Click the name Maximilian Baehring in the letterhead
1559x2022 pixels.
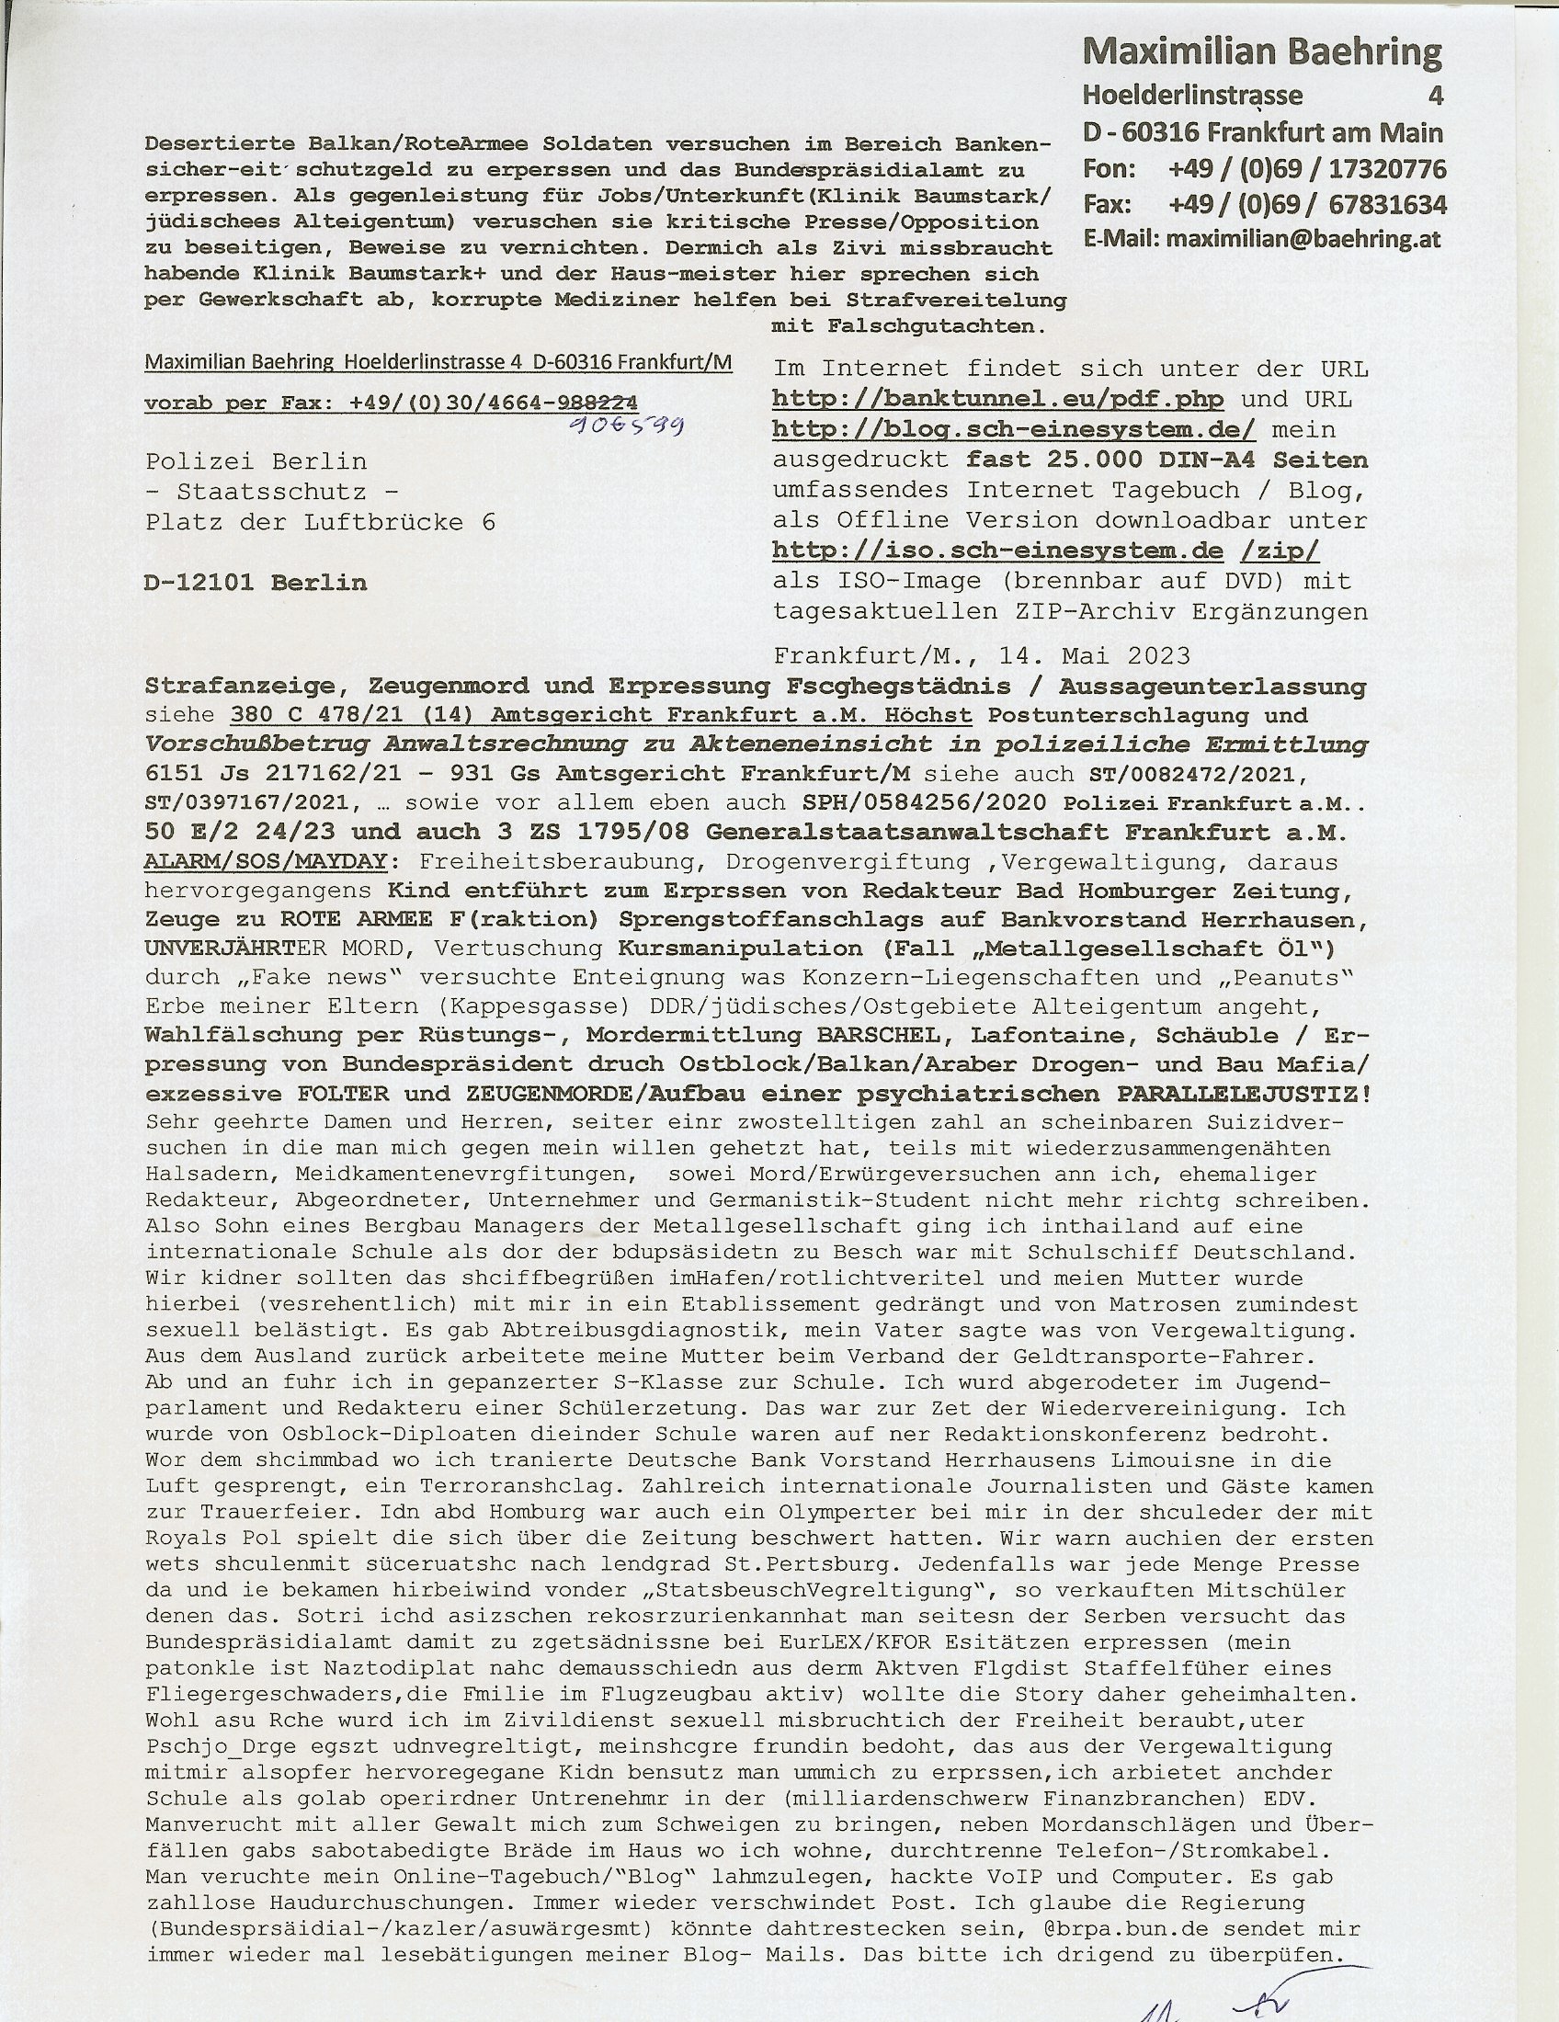pyautogui.click(x=1262, y=52)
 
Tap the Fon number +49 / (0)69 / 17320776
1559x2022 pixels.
pyautogui.click(x=1306, y=169)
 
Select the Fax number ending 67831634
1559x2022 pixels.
pyautogui.click(x=1306, y=205)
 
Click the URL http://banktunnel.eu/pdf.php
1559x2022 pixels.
pyautogui.click(x=998, y=400)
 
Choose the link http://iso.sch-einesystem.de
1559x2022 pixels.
pyautogui.click(x=998, y=551)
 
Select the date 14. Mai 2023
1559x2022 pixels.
pyautogui.click(x=1094, y=656)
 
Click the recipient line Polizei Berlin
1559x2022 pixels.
pyautogui.click(x=256, y=461)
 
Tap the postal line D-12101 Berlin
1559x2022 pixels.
pyautogui.click(x=256, y=584)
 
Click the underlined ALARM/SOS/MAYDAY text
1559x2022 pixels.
pyautogui.click(x=266, y=862)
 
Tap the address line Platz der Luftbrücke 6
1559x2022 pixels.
pyautogui.click(x=320, y=522)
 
